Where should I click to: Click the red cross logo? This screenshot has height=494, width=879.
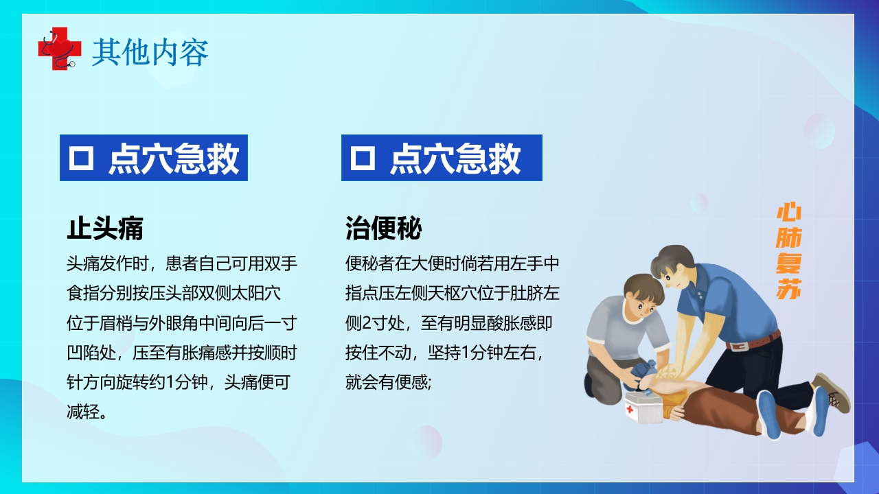pos(55,48)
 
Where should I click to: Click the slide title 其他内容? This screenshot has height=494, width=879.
pos(150,53)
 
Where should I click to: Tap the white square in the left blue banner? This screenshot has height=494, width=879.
pos(81,158)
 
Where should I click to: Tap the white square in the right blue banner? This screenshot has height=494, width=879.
pos(363,158)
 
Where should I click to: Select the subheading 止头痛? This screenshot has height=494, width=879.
pos(105,228)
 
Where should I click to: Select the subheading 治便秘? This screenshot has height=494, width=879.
pos(383,228)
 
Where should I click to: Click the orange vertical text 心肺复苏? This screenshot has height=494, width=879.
pos(789,251)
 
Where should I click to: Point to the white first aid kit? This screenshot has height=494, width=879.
pos(643,406)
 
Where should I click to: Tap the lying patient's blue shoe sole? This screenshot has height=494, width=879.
pos(768,416)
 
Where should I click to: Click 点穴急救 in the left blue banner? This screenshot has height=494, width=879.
pos(174,158)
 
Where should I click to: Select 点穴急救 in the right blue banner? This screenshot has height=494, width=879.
pos(455,158)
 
